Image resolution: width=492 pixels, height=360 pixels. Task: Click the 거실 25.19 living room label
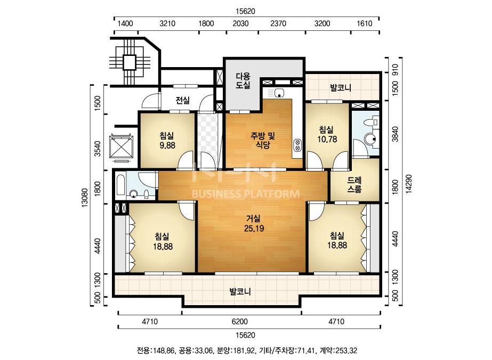click(254, 223)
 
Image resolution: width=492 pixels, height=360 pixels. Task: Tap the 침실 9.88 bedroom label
click(167, 140)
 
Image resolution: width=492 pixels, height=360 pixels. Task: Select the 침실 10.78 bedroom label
click(327, 134)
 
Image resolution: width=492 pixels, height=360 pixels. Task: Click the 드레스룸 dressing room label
click(354, 185)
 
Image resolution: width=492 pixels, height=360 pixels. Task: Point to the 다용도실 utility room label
click(243, 80)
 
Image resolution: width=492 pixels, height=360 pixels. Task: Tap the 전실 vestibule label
click(183, 100)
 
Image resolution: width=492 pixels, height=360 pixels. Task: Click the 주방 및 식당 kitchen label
click(263, 140)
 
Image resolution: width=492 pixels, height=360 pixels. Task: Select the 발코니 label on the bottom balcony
click(240, 292)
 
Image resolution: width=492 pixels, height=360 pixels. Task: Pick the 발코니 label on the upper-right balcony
click(341, 87)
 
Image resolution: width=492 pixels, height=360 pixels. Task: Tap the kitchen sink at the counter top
click(279, 93)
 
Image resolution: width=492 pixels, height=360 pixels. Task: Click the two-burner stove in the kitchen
click(297, 145)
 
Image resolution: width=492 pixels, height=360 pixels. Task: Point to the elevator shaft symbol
click(122, 147)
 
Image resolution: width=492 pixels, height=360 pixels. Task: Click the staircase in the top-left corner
click(130, 62)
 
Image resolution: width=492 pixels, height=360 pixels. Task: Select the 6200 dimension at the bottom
click(240, 322)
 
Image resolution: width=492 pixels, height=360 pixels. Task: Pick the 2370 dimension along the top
click(278, 23)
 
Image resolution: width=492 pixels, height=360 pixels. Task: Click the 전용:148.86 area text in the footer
click(155, 350)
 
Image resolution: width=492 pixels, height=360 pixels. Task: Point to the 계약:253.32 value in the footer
click(338, 350)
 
